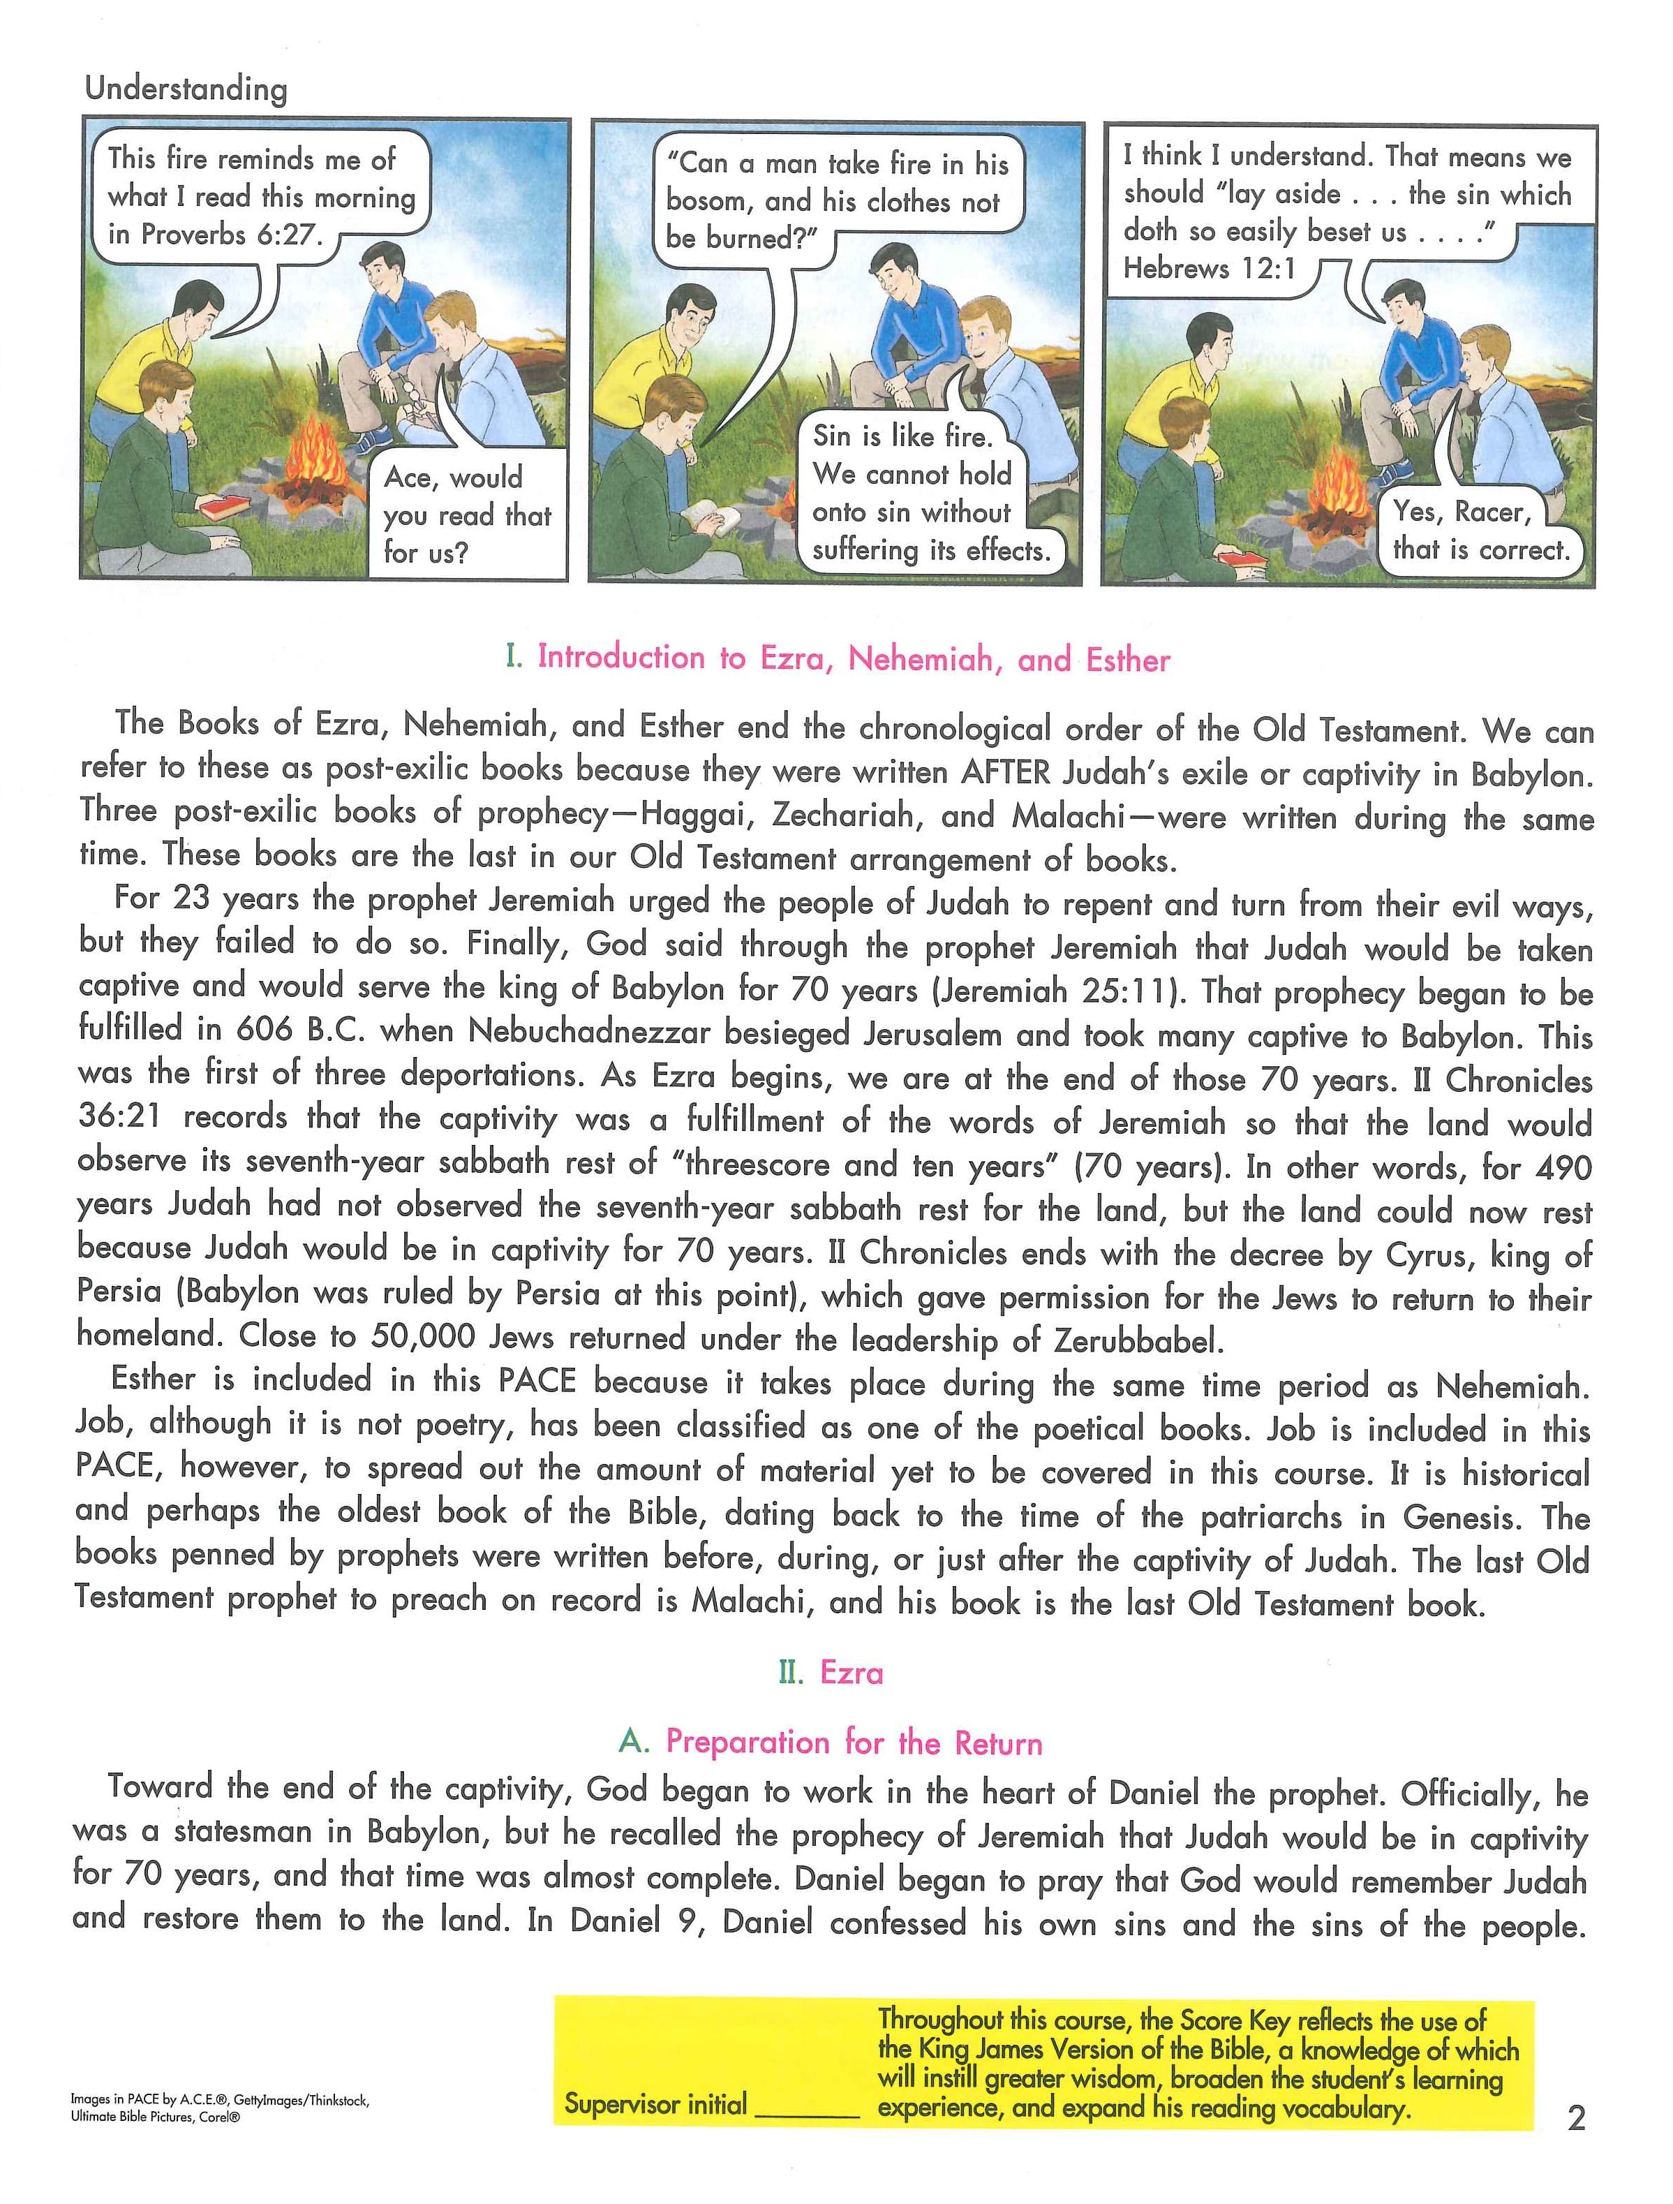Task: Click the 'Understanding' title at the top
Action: coord(186,89)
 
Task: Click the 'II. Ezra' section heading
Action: coord(831,1672)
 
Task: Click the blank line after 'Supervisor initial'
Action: coord(807,2103)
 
